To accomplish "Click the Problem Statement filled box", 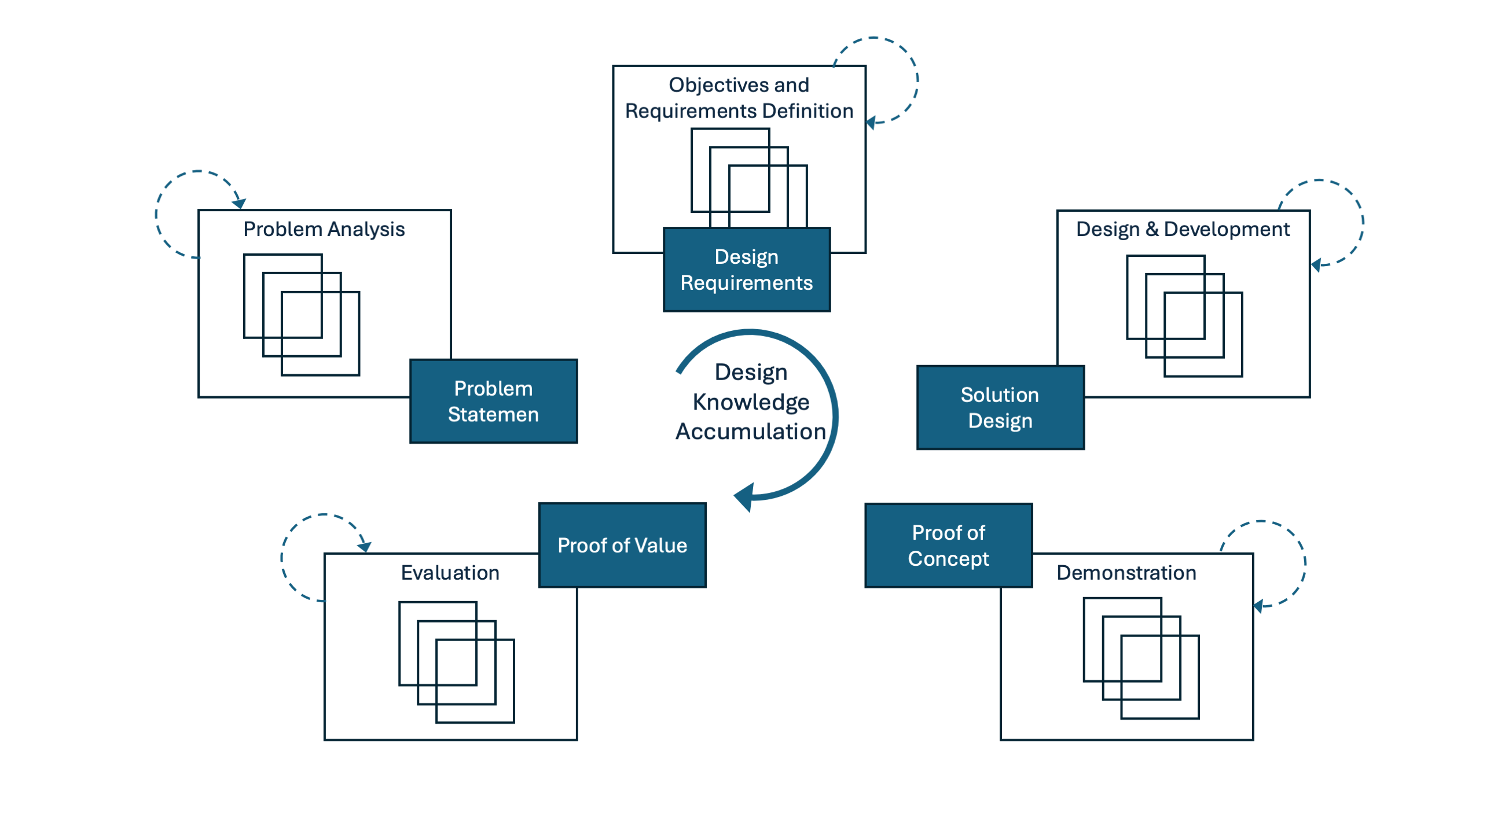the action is tap(493, 401).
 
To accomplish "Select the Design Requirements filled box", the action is tap(746, 270).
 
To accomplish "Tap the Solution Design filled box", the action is tap(1000, 407).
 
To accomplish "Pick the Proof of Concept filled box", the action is tap(948, 546).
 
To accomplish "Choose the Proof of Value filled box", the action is tap(622, 545).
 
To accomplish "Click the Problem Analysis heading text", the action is tap(324, 230).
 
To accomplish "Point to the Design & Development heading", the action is tap(1183, 230).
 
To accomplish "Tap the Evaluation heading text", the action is tap(450, 573).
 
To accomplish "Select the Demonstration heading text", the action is tap(1126, 573).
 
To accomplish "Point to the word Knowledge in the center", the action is tap(751, 402).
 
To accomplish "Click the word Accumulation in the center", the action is tap(751, 432).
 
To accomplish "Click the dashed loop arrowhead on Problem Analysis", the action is tap(239, 204).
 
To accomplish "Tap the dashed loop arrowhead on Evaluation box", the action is tap(365, 547).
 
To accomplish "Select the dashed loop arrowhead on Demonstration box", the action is tap(1258, 606).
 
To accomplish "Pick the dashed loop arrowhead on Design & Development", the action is tap(1316, 265).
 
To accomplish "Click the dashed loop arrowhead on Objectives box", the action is tap(871, 123).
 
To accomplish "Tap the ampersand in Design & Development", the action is tap(1152, 229).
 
